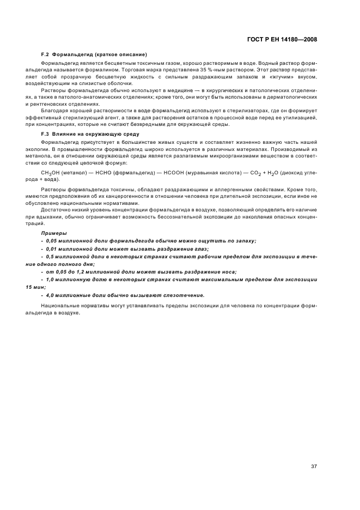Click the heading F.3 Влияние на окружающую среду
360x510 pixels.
click(x=83, y=133)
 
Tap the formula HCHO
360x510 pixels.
click(x=103, y=173)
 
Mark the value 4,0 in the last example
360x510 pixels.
click(x=52, y=295)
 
